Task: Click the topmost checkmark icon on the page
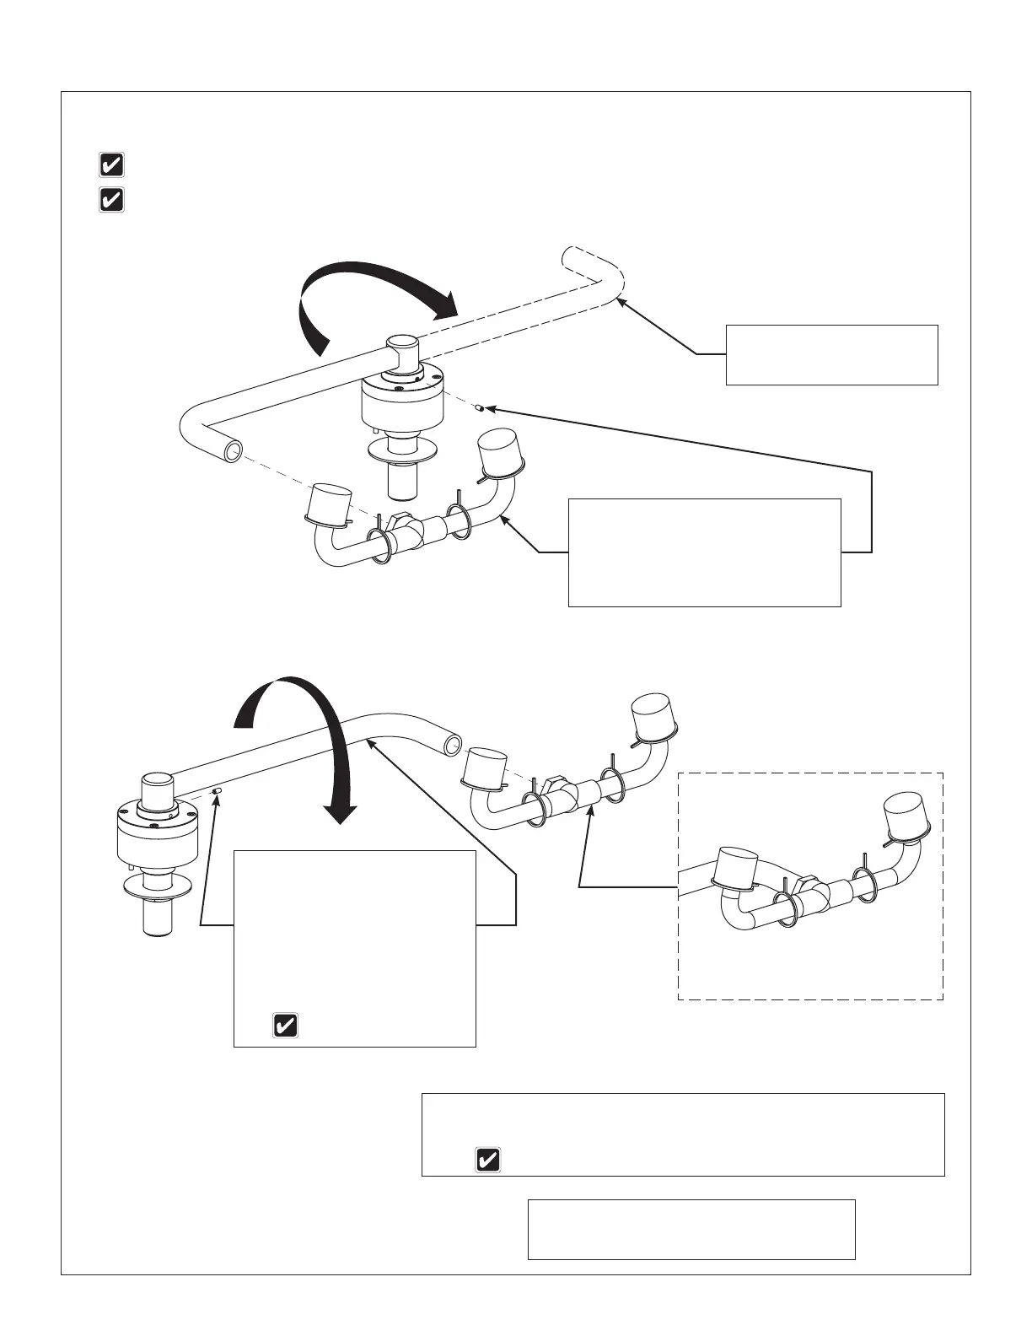(111, 164)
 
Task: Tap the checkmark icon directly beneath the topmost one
(111, 200)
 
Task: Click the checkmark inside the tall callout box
(285, 1026)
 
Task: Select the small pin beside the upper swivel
(479, 409)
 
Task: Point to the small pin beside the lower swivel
(217, 790)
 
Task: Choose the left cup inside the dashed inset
(736, 867)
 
